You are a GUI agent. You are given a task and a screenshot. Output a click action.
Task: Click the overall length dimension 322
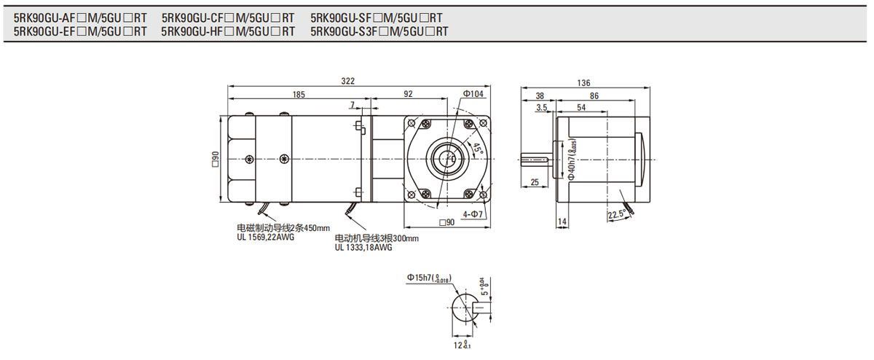click(358, 82)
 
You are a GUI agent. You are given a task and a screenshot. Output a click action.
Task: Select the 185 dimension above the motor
click(299, 95)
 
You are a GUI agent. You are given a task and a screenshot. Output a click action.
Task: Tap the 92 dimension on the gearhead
click(407, 95)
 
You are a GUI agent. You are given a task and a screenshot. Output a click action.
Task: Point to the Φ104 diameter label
click(473, 94)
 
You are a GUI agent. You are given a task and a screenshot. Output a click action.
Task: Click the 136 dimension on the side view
click(583, 82)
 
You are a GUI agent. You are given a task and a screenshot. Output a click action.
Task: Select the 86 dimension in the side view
click(594, 95)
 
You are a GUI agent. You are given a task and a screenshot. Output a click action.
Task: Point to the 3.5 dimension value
click(541, 107)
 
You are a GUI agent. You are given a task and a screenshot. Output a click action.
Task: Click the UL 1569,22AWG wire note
click(265, 236)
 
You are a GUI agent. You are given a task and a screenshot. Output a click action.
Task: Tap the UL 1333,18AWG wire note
click(363, 247)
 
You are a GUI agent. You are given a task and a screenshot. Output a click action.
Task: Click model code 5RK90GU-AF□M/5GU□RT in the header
click(80, 17)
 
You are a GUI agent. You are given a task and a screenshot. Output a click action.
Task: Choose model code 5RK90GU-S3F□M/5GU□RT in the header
click(379, 31)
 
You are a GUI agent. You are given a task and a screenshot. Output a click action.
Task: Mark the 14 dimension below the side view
click(562, 221)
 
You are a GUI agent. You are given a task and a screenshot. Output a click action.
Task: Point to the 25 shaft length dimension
click(535, 182)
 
